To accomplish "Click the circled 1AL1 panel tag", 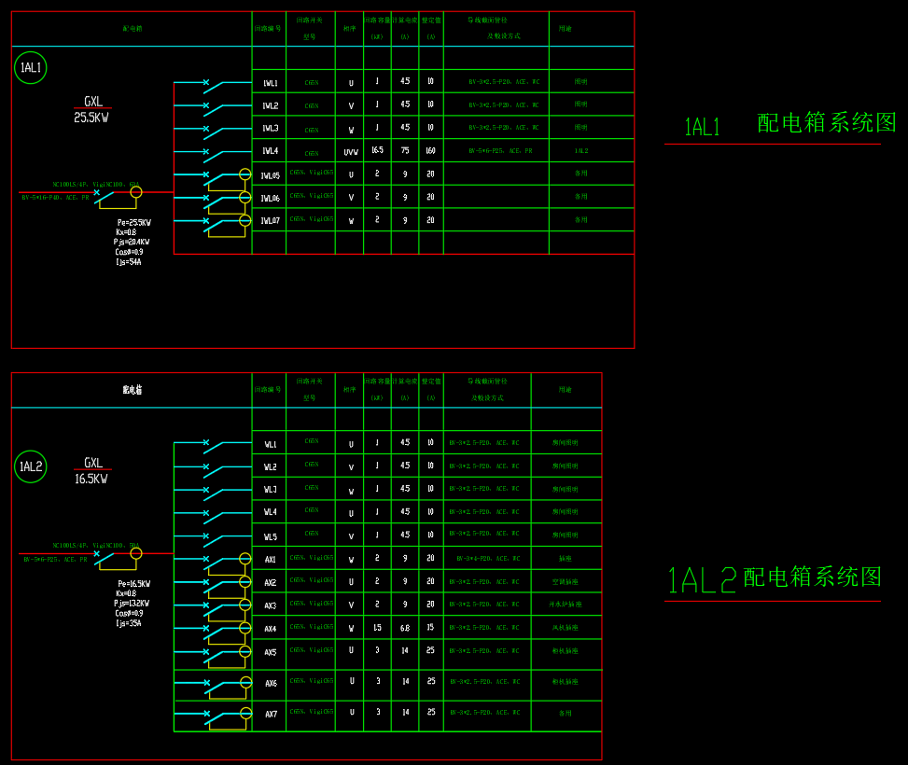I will point(30,67).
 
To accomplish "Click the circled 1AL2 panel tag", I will point(30,466).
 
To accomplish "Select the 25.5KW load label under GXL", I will point(91,118).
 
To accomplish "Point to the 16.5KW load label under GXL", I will point(91,479).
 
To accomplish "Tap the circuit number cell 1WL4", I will point(270,151).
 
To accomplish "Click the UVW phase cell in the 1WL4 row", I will point(351,151).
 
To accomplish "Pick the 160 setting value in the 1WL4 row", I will point(430,150).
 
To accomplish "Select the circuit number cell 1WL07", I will point(270,220).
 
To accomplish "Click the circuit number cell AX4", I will point(270,629).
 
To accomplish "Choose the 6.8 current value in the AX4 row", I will point(405,628).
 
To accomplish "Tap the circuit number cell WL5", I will point(270,536).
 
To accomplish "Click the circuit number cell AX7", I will point(270,714).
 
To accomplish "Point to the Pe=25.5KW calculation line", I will point(133,222).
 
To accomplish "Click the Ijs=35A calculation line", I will point(129,623).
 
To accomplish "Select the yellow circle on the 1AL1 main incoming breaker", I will point(136,192).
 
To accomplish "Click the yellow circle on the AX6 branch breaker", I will point(245,682).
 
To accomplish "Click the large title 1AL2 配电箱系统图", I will point(775,578).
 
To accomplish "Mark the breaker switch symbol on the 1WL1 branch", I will point(214,85).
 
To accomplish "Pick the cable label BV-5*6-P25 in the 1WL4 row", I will point(500,151).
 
